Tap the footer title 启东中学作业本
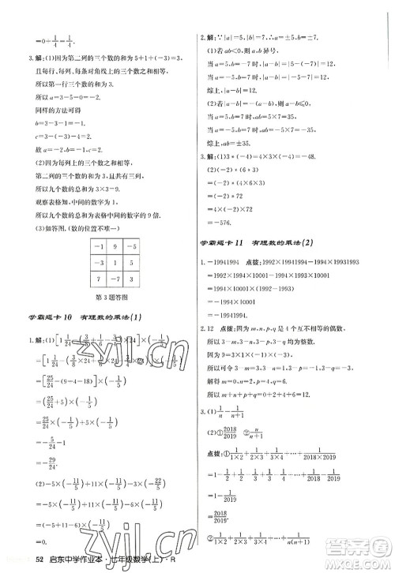coord(75,560)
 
